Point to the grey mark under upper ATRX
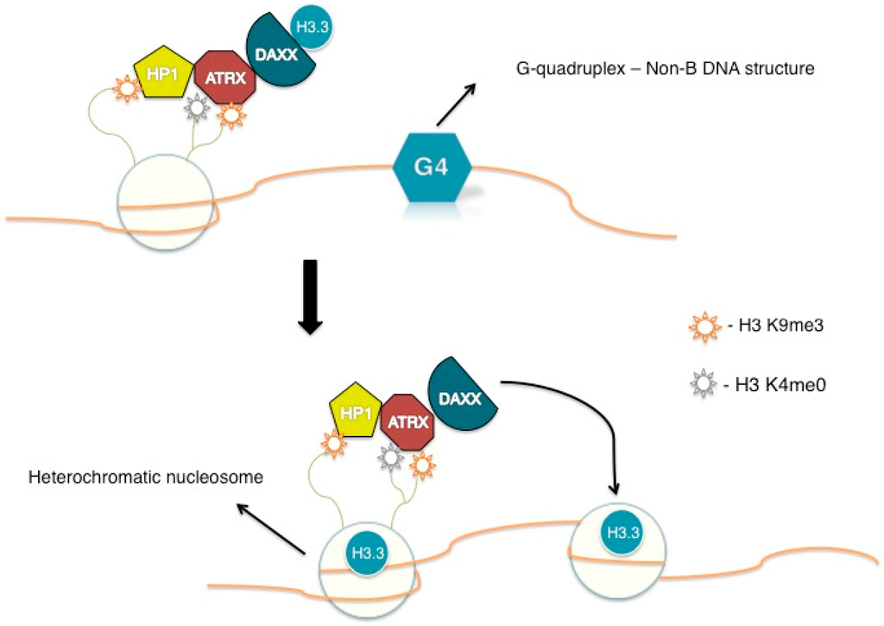(x=198, y=109)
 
